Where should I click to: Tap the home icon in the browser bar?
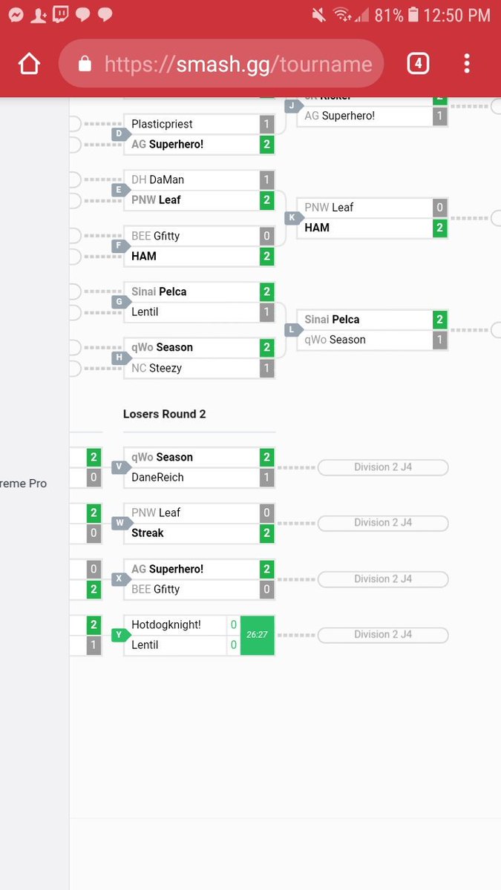29,65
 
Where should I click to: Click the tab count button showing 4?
418,64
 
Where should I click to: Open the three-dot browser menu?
467,64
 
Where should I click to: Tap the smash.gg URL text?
238,65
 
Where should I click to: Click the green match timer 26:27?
257,635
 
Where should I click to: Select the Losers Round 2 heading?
164,414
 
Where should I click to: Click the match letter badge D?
118,134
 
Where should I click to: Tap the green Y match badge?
118,635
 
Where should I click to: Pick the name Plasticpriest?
162,124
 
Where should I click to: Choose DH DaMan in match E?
157,179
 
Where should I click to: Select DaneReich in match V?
157,477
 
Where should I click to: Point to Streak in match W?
147,533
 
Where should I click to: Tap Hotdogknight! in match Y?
166,624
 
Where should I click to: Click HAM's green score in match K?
439,228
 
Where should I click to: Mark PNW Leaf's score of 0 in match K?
439,208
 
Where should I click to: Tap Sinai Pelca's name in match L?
332,320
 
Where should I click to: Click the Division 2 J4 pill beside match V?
382,467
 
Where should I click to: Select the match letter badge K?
292,217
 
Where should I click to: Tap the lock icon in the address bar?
85,65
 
